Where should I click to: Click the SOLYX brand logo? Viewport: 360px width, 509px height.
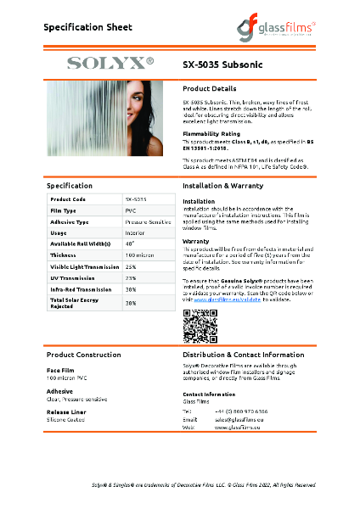(110, 63)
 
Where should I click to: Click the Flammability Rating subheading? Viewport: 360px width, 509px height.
(211, 134)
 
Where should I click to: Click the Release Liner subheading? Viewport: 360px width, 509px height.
(65, 411)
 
